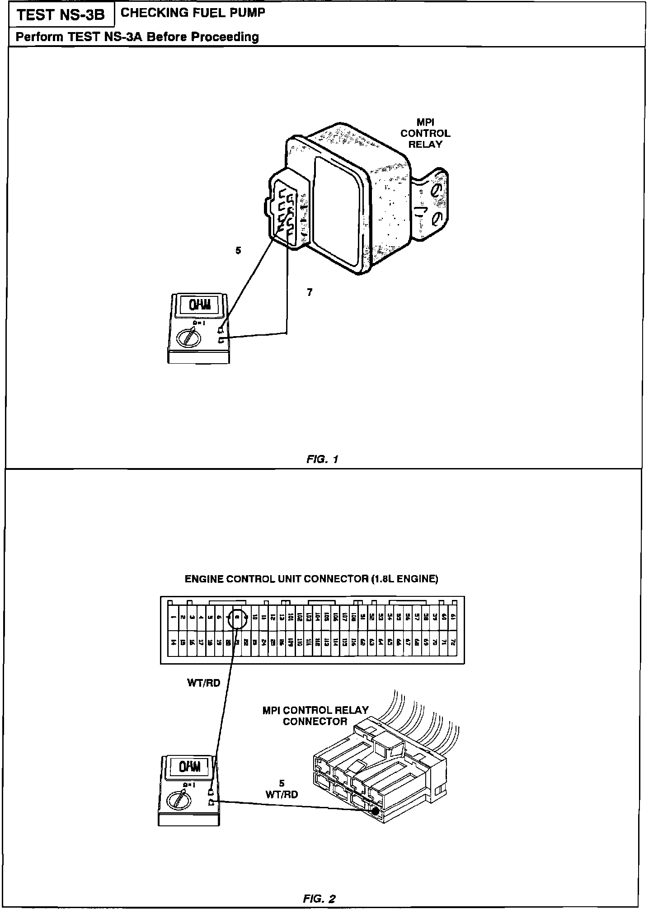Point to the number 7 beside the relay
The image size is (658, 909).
pyautogui.click(x=310, y=293)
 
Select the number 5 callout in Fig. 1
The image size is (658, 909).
pyautogui.click(x=238, y=250)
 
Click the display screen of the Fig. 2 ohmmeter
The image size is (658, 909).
pyautogui.click(x=189, y=767)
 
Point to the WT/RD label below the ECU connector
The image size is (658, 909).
pyautogui.click(x=203, y=683)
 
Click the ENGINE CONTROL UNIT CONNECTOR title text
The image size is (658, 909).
pyautogui.click(x=311, y=579)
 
